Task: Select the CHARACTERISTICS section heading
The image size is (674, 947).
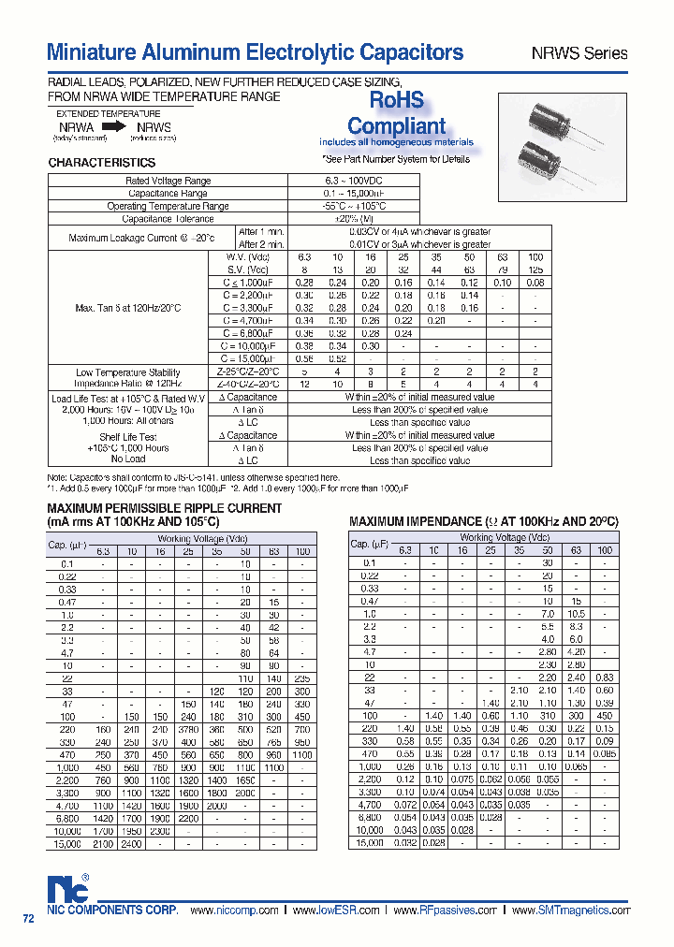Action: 101,163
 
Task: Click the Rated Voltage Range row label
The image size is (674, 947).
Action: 168,181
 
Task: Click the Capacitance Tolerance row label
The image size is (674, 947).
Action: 168,219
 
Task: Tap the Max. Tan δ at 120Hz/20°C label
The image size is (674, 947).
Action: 127,307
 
